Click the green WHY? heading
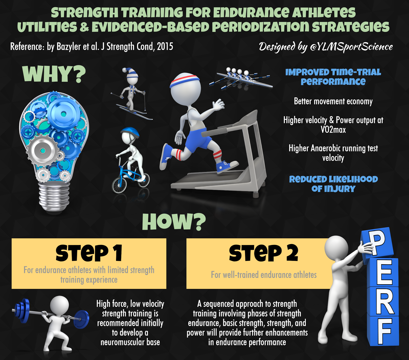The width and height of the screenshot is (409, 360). coord(54,74)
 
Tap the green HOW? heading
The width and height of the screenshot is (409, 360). coord(174,222)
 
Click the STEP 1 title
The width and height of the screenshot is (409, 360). coord(89,253)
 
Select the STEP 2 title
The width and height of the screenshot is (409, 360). coord(264,253)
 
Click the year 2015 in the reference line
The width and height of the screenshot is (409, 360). coord(165,47)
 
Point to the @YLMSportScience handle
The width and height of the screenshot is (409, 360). coord(351,47)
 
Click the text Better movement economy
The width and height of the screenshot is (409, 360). coord(333,102)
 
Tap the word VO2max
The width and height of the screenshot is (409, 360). coord(333,130)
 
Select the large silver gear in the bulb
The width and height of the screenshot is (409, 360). coord(43,151)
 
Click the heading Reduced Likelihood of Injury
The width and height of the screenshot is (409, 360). coord(333,184)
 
